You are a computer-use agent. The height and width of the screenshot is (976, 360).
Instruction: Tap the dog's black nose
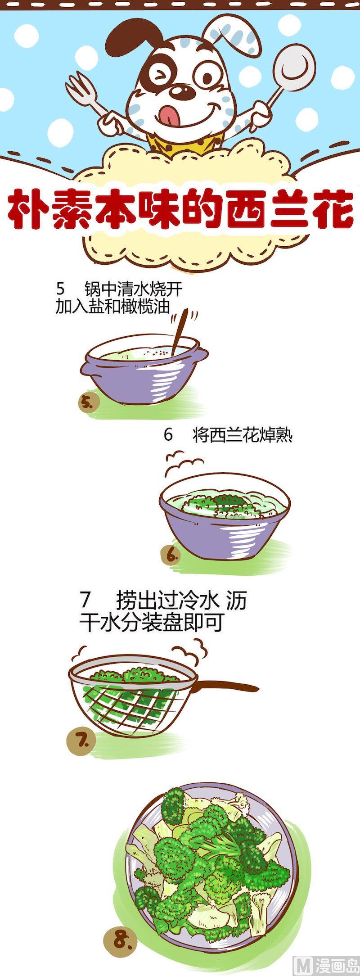[x=184, y=92]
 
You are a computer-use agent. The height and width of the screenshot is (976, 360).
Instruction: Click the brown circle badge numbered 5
[x=87, y=402]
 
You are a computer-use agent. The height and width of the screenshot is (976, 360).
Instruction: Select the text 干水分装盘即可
[x=151, y=623]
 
